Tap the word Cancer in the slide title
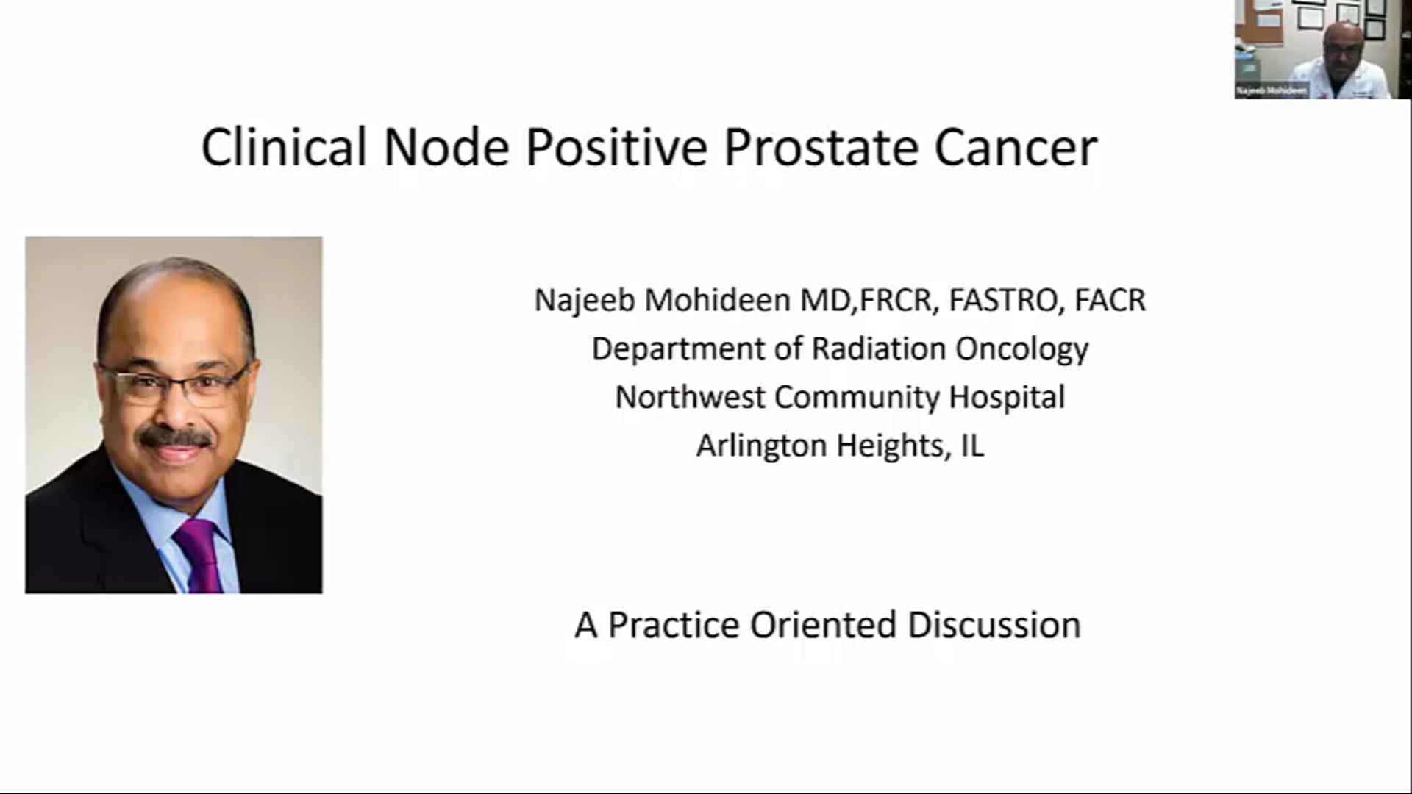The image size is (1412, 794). pyautogui.click(x=1016, y=148)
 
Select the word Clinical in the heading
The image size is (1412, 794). pyautogui.click(x=284, y=148)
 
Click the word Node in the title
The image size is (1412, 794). pyautogui.click(x=446, y=148)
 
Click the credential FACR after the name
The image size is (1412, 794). pyautogui.click(x=1110, y=301)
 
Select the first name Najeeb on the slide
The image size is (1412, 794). pyautogui.click(x=585, y=301)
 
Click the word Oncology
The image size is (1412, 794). pyautogui.click(x=1021, y=349)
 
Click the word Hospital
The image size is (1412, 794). pyautogui.click(x=1006, y=398)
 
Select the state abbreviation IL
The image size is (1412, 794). pyautogui.click(x=972, y=446)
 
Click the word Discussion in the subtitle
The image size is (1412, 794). pyautogui.click(x=994, y=626)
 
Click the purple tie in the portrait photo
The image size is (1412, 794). pyautogui.click(x=200, y=555)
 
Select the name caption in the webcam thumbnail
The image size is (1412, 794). pyautogui.click(x=1272, y=91)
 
